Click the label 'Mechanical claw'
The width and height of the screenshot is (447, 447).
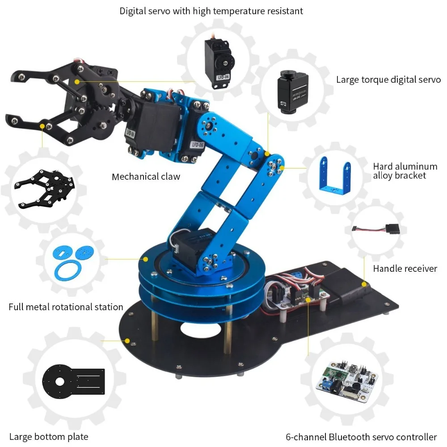tap(146, 177)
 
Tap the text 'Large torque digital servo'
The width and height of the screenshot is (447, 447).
tap(388, 80)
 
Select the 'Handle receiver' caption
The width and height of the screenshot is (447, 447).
tap(405, 269)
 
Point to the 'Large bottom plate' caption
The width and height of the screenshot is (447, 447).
tap(49, 436)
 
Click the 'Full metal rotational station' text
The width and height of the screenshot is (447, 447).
tap(66, 307)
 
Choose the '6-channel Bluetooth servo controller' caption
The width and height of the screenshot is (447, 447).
tap(361, 437)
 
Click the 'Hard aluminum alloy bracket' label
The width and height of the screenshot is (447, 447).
tap(405, 171)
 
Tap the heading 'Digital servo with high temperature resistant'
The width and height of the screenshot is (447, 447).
tap(211, 11)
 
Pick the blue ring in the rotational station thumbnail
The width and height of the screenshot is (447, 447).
tap(67, 270)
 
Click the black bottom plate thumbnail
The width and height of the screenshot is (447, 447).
tap(74, 380)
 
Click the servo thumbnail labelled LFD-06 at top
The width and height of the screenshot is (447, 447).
tap(220, 63)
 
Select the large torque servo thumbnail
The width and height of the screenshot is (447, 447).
tap(293, 92)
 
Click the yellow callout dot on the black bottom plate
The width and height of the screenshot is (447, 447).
tap(127, 341)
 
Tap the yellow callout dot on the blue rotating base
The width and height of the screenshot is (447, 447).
tap(146, 259)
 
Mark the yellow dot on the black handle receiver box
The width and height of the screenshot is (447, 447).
tap(364, 284)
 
